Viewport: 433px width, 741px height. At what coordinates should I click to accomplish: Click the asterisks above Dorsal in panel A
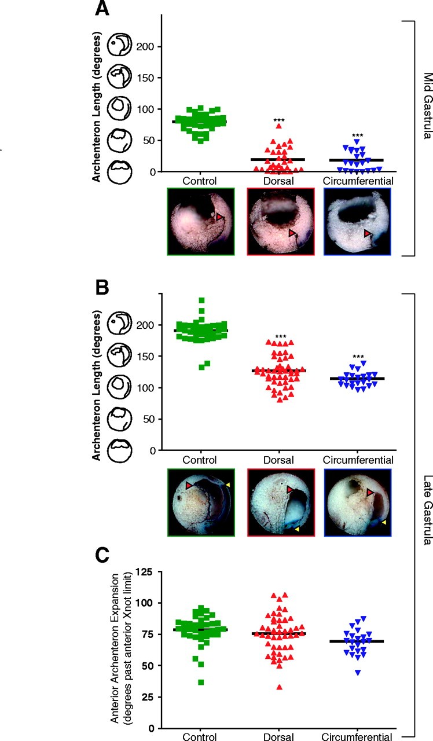tap(279, 121)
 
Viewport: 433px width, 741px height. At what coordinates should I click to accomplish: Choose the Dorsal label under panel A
tap(279, 181)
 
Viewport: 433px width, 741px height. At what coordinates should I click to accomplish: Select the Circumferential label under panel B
tap(358, 460)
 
